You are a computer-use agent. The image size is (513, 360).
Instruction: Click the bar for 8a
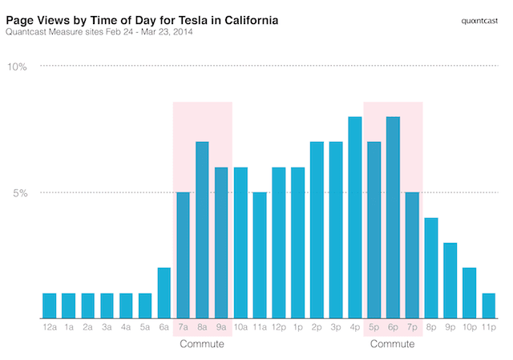coord(202,230)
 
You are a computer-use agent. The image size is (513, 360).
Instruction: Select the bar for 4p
coord(354,217)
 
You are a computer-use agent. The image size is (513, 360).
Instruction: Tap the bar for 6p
coord(393,217)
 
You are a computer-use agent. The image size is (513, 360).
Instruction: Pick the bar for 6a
coord(164,293)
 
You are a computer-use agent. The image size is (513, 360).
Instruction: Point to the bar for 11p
coord(488,305)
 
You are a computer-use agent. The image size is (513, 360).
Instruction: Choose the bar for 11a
coord(260,255)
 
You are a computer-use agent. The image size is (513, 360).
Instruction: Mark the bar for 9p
coord(450,280)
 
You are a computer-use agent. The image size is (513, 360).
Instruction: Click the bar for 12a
coord(50,305)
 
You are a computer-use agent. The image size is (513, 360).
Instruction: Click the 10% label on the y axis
coord(18,67)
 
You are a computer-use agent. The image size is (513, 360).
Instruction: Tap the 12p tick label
coord(279,328)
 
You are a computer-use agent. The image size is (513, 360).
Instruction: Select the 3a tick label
coord(107,328)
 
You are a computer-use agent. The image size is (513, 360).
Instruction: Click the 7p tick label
coord(412,328)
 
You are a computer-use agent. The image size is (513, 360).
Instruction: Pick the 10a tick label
coord(240,328)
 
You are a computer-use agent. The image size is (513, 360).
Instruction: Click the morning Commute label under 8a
coord(202,345)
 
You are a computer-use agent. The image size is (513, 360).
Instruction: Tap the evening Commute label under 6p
coord(393,345)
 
